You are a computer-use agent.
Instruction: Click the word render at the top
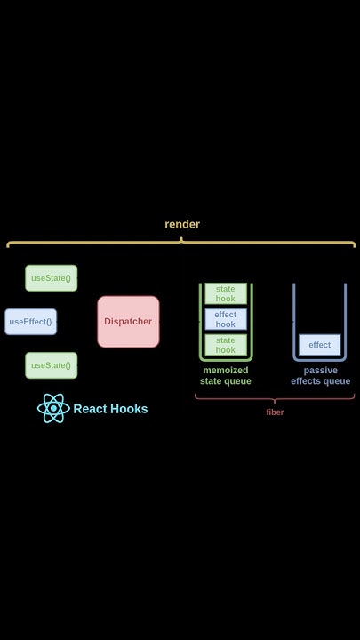(182, 224)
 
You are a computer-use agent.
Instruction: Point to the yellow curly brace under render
(181, 243)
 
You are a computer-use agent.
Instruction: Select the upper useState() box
(51, 278)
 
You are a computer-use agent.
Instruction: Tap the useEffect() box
(30, 322)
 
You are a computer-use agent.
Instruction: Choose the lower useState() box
(51, 365)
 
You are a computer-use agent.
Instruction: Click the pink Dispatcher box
(128, 322)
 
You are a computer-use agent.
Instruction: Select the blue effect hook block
(226, 319)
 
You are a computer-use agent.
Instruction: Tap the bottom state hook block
(226, 345)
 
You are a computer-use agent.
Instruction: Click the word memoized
(226, 370)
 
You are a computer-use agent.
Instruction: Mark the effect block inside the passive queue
(319, 345)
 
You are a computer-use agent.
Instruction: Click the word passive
(320, 370)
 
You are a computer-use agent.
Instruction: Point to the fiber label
(275, 412)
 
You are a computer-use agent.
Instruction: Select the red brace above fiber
(275, 399)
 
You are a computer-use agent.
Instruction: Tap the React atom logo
(53, 409)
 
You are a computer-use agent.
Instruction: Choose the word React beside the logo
(90, 409)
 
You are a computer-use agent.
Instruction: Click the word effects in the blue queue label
(308, 381)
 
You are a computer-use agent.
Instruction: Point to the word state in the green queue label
(213, 381)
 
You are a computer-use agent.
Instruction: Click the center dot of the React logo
(53, 409)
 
